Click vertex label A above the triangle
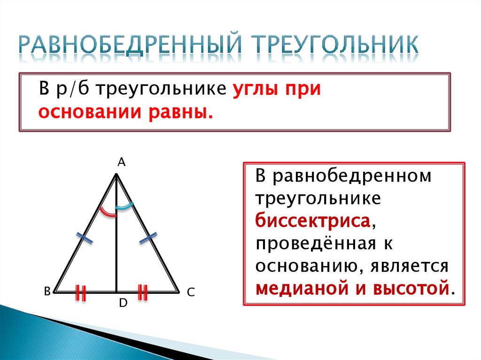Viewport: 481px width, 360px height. pyautogui.click(x=121, y=162)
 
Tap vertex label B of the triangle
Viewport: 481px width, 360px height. pyautogui.click(x=47, y=291)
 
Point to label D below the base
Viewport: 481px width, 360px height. pyautogui.click(x=123, y=304)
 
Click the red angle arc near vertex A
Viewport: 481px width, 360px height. pyautogui.click(x=108, y=212)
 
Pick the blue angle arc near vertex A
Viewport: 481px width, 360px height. pyautogui.click(x=124, y=206)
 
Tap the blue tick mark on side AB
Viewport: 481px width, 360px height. pyautogui.click(x=85, y=238)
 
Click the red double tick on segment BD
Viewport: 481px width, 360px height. pyautogui.click(x=81, y=292)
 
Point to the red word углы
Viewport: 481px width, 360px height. pyautogui.click(x=254, y=89)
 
